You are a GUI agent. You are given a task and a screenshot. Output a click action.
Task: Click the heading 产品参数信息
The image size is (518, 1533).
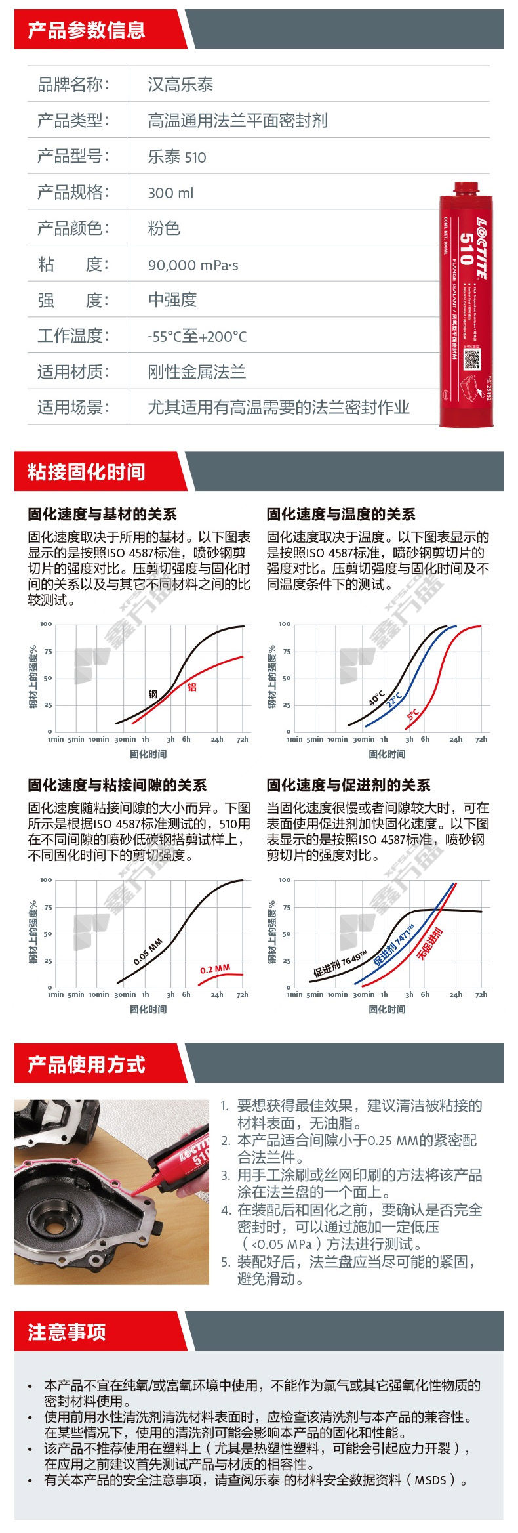point(86,30)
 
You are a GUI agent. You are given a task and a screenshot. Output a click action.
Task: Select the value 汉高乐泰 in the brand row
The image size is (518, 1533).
point(180,85)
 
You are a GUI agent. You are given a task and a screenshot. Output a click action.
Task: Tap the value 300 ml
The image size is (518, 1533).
point(170,193)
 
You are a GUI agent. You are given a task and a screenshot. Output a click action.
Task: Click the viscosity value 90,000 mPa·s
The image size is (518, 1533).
point(193,265)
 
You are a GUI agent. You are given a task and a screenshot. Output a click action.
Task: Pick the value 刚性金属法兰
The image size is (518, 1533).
point(197,372)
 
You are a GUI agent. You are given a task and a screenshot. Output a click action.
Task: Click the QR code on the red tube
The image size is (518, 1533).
point(473,360)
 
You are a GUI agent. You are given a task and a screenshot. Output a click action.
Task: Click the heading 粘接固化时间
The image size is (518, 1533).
point(86,472)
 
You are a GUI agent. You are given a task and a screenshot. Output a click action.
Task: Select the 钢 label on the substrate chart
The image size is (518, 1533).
point(153,694)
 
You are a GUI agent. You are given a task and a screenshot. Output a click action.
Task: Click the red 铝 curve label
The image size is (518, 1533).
point(192,687)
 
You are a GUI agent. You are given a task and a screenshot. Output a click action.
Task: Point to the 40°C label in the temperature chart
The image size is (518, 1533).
point(376,698)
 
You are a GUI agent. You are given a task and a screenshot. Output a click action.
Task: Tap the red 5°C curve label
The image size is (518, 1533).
point(413,714)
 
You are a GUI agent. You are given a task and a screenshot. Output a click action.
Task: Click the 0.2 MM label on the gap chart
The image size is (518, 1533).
point(215,969)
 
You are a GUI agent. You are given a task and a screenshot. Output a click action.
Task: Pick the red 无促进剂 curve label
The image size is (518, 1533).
point(429,944)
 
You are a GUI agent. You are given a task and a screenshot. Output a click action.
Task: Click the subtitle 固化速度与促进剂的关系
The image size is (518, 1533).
point(348,786)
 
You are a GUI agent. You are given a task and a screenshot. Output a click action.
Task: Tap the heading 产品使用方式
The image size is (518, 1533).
point(86,1064)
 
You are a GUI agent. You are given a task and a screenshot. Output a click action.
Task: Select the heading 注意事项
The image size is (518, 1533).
point(66,1332)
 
